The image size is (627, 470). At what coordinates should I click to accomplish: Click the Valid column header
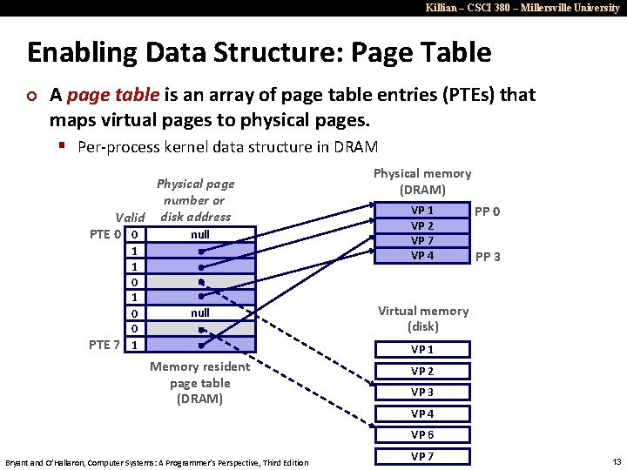coord(131,217)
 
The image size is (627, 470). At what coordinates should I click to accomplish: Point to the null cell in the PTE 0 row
coord(200,234)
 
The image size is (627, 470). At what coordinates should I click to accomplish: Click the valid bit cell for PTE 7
coord(134,345)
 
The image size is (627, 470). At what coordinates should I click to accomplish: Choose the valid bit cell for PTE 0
coord(134,234)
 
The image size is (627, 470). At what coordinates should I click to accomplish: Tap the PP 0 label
coord(487,211)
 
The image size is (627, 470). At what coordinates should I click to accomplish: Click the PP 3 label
coord(487,257)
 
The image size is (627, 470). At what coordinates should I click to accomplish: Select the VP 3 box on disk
coord(422,393)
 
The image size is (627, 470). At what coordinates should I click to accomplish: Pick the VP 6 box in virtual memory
coord(422,435)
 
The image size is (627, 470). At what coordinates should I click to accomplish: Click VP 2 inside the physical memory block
coord(422,225)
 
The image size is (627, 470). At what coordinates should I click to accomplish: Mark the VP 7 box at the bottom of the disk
coord(422,456)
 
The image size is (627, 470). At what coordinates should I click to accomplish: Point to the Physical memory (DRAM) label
coord(422,181)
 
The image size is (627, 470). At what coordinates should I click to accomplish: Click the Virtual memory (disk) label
coord(422,319)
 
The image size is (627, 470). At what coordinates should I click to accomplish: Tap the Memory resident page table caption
coord(199,383)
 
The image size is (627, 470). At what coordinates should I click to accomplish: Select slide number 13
coord(617,461)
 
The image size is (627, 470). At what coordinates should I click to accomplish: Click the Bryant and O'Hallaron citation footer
coord(157,462)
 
